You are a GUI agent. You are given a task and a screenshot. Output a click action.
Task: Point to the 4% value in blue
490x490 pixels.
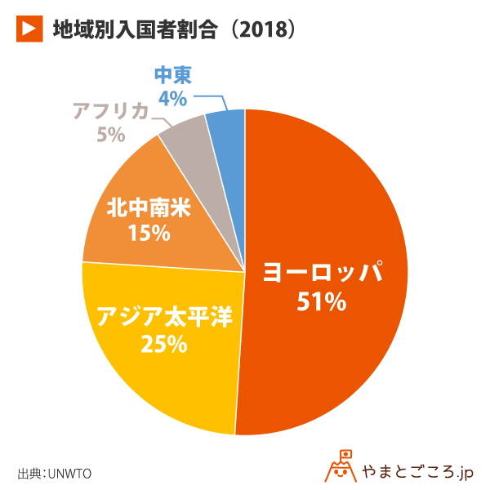pyautogui.click(x=172, y=99)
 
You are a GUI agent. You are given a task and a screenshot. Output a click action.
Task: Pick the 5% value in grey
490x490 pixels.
pyautogui.click(x=110, y=134)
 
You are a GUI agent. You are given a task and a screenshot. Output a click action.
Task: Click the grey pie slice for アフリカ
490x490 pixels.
pyautogui.click(x=186, y=134)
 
